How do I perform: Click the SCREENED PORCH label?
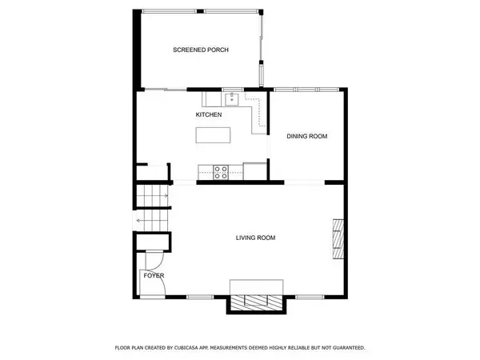[x=201, y=50]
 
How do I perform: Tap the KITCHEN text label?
[x=209, y=115]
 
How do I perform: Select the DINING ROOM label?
[x=307, y=137]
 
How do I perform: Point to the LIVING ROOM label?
[x=255, y=238]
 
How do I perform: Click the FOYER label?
[x=154, y=275]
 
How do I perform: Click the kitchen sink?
[x=232, y=99]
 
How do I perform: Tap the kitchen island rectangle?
[x=212, y=135]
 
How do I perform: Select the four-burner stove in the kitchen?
[x=222, y=170]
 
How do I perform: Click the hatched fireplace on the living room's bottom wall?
[x=256, y=302]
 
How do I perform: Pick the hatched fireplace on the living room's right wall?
[x=339, y=240]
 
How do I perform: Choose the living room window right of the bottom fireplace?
[x=311, y=297]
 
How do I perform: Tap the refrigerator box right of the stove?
[x=255, y=170]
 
